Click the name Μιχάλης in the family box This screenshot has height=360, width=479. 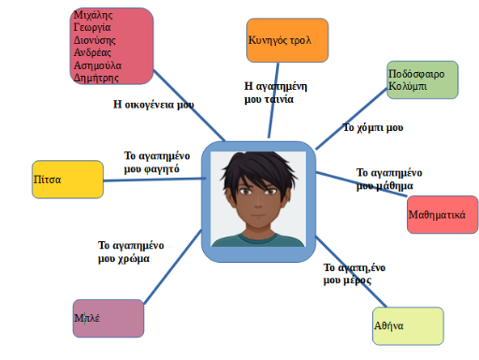tap(93, 15)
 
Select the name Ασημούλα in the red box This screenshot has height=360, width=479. tap(97, 65)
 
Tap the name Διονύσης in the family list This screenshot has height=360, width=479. tap(94, 40)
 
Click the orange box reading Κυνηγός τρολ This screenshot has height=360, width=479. tap(287, 40)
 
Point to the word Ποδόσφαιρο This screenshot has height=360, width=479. tap(416, 74)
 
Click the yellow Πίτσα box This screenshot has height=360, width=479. tap(67, 180)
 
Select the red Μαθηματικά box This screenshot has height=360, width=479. tap(443, 214)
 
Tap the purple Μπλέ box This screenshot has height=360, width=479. tap(109, 318)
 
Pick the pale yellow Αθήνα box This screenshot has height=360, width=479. tap(408, 326)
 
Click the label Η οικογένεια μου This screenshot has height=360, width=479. tap(153, 105)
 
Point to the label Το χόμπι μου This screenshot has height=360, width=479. tap(373, 127)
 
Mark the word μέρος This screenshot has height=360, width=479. tap(357, 281)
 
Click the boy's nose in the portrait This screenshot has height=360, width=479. tap(258, 203)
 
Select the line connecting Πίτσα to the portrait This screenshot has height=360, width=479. tap(154, 180)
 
